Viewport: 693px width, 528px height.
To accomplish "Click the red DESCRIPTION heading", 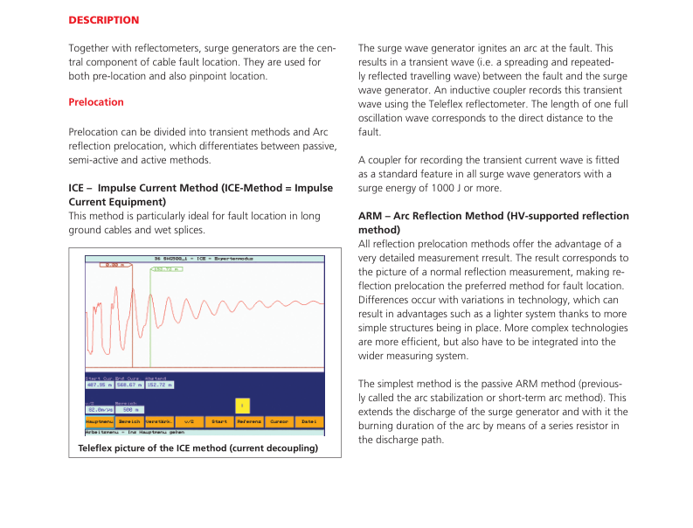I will click(103, 19).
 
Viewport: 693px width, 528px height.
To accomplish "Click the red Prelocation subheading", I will click(96, 102).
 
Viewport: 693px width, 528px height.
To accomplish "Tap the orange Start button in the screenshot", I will click(218, 421).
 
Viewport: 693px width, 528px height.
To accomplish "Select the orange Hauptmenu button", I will click(99, 421).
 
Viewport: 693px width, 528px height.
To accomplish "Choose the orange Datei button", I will click(308, 421).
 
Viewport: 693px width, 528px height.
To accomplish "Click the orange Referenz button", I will click(249, 421).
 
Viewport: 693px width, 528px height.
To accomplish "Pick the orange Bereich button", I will click(129, 421).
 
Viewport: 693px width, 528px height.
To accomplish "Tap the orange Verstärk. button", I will click(158, 421).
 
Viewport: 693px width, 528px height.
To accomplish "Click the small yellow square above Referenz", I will click(243, 405).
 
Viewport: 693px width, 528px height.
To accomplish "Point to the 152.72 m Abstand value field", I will click(160, 385).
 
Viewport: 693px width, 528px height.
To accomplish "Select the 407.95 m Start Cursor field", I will click(99, 385).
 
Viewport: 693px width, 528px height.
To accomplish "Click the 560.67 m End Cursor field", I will click(129, 385).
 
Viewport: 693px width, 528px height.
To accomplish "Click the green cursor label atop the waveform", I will click(166, 269).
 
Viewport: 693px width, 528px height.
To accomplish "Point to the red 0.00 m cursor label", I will click(114, 264).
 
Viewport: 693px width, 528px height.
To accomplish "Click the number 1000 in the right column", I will click(464, 188).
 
